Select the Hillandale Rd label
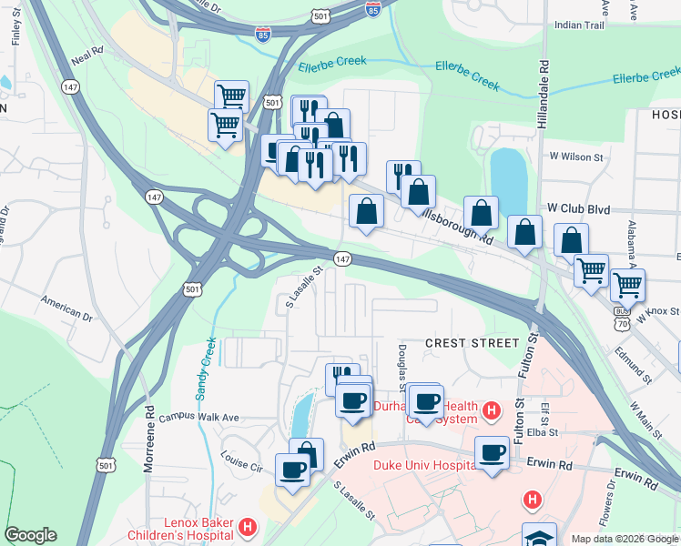[x=544, y=96]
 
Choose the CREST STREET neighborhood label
[x=472, y=343]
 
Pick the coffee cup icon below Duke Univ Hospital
[x=493, y=452]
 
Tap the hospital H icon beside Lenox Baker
[x=247, y=527]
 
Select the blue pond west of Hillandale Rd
[x=508, y=178]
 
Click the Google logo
[x=30, y=535]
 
